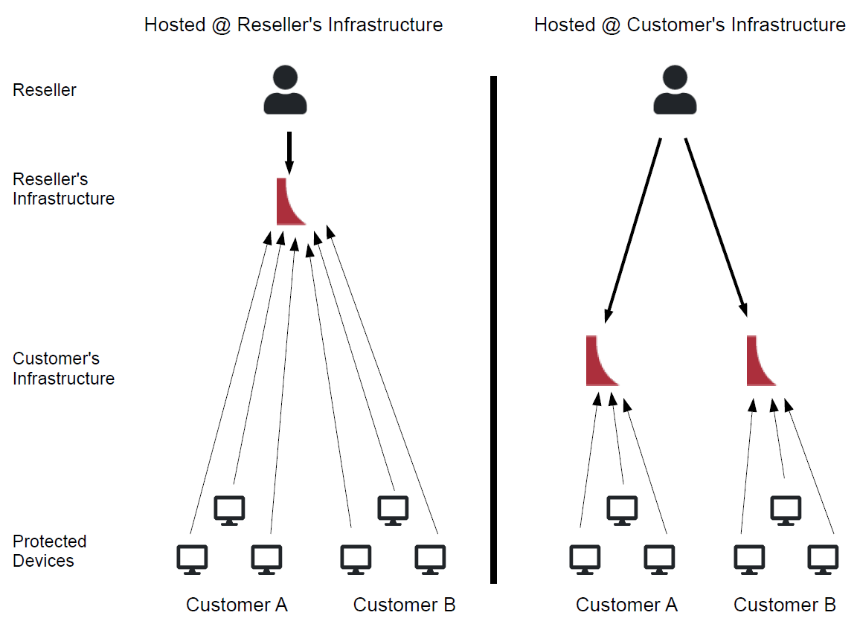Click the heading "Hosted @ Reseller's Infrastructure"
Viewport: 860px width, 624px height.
coord(293,25)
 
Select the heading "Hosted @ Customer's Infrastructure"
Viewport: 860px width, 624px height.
coord(690,25)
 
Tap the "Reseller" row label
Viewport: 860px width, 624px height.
coord(45,90)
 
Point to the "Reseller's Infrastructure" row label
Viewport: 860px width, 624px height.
coord(63,189)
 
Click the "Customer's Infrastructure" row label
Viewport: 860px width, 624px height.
coord(63,368)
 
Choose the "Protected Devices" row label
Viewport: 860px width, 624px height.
coord(50,551)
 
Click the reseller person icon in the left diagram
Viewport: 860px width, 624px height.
coord(286,90)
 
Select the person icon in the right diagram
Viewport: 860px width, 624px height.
coord(675,90)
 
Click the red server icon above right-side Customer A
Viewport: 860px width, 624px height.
coord(599,362)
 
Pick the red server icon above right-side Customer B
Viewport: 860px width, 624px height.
coord(759,362)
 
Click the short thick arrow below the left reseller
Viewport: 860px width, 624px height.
coord(289,152)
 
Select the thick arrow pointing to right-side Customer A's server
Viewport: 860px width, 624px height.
coord(633,229)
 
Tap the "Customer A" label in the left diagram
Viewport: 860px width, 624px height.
coord(237,605)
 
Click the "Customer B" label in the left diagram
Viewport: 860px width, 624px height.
coord(404,605)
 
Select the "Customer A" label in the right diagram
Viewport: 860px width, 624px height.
coord(626,605)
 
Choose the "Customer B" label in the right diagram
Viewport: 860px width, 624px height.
coord(785,605)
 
